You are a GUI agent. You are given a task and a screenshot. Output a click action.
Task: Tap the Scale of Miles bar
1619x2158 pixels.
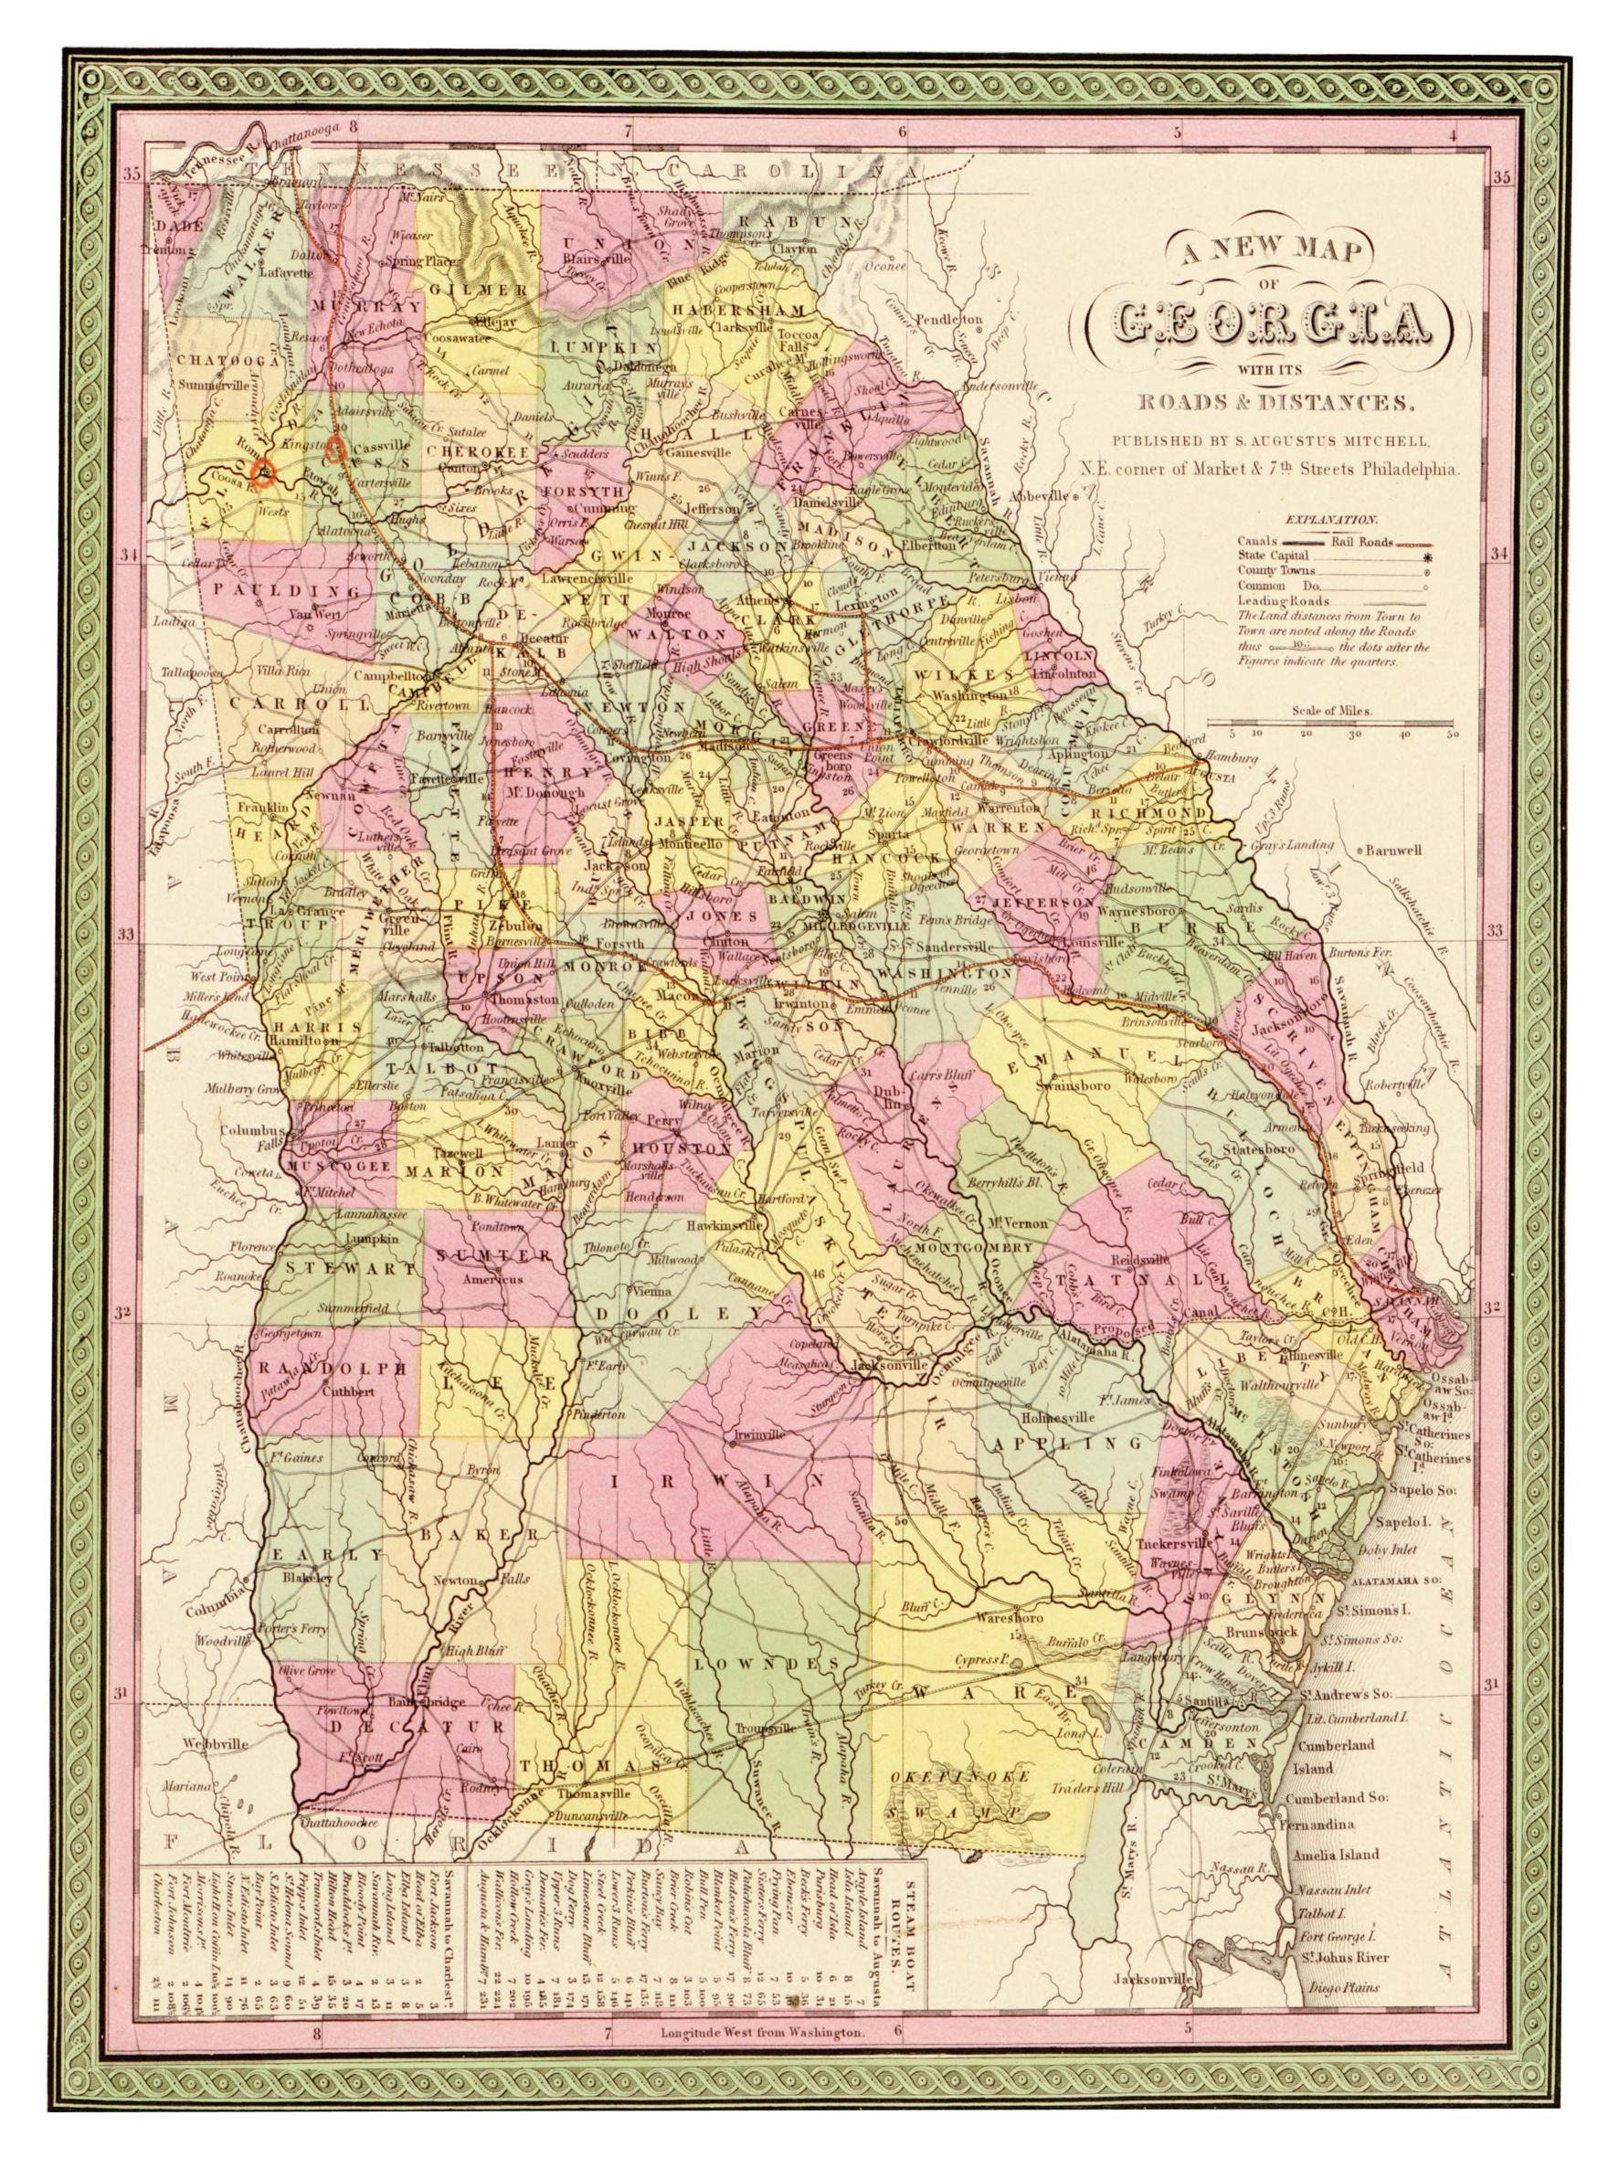coord(1330,723)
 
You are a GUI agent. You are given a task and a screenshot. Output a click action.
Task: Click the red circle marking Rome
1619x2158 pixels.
coord(261,472)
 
